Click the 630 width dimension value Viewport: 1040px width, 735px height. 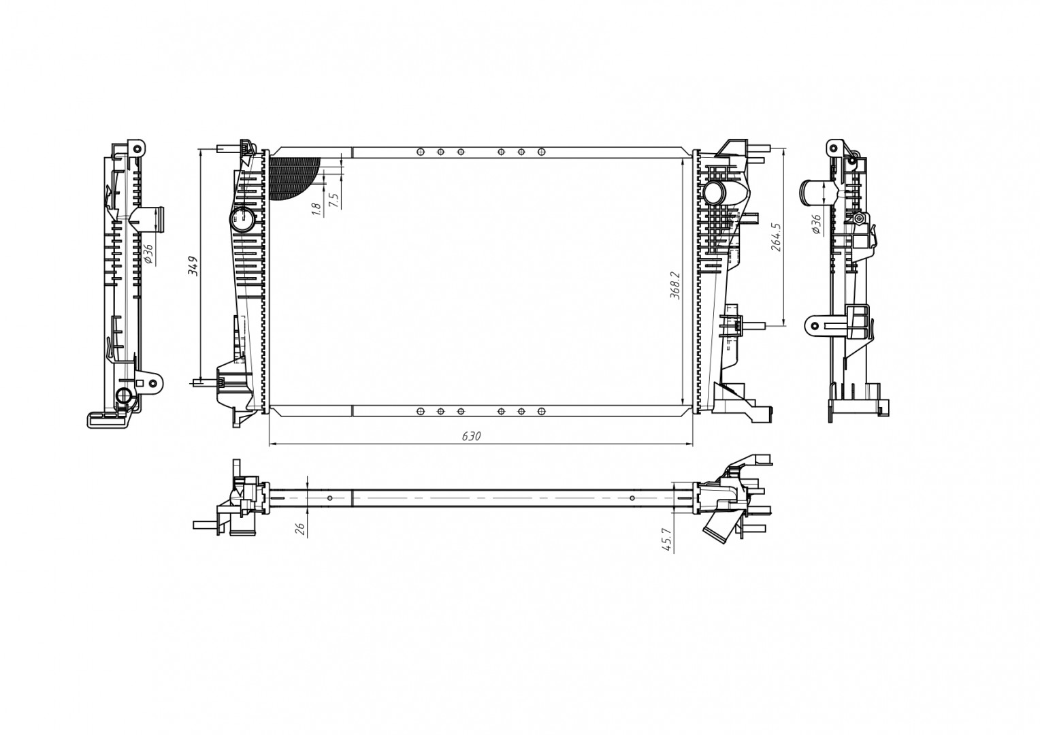pos(471,436)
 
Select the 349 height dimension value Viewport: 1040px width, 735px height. pos(193,265)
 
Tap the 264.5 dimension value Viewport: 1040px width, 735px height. pos(775,238)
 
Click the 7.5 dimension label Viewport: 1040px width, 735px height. pos(333,200)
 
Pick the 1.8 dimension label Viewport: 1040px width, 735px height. pos(316,210)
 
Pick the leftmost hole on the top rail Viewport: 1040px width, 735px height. pos(421,152)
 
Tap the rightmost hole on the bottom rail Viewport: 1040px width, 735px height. pos(542,411)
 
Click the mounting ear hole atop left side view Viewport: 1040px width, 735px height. pos(137,148)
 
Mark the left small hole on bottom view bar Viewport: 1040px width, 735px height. pos(330,498)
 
